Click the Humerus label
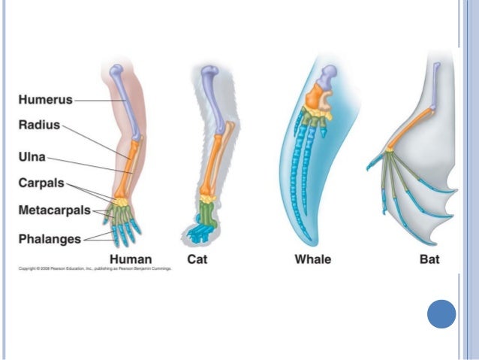(45, 98)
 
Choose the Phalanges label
(49, 239)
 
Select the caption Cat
(199, 260)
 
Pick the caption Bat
(429, 260)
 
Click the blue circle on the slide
(441, 314)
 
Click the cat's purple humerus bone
(215, 98)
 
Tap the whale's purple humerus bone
(328, 77)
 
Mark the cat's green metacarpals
(205, 216)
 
